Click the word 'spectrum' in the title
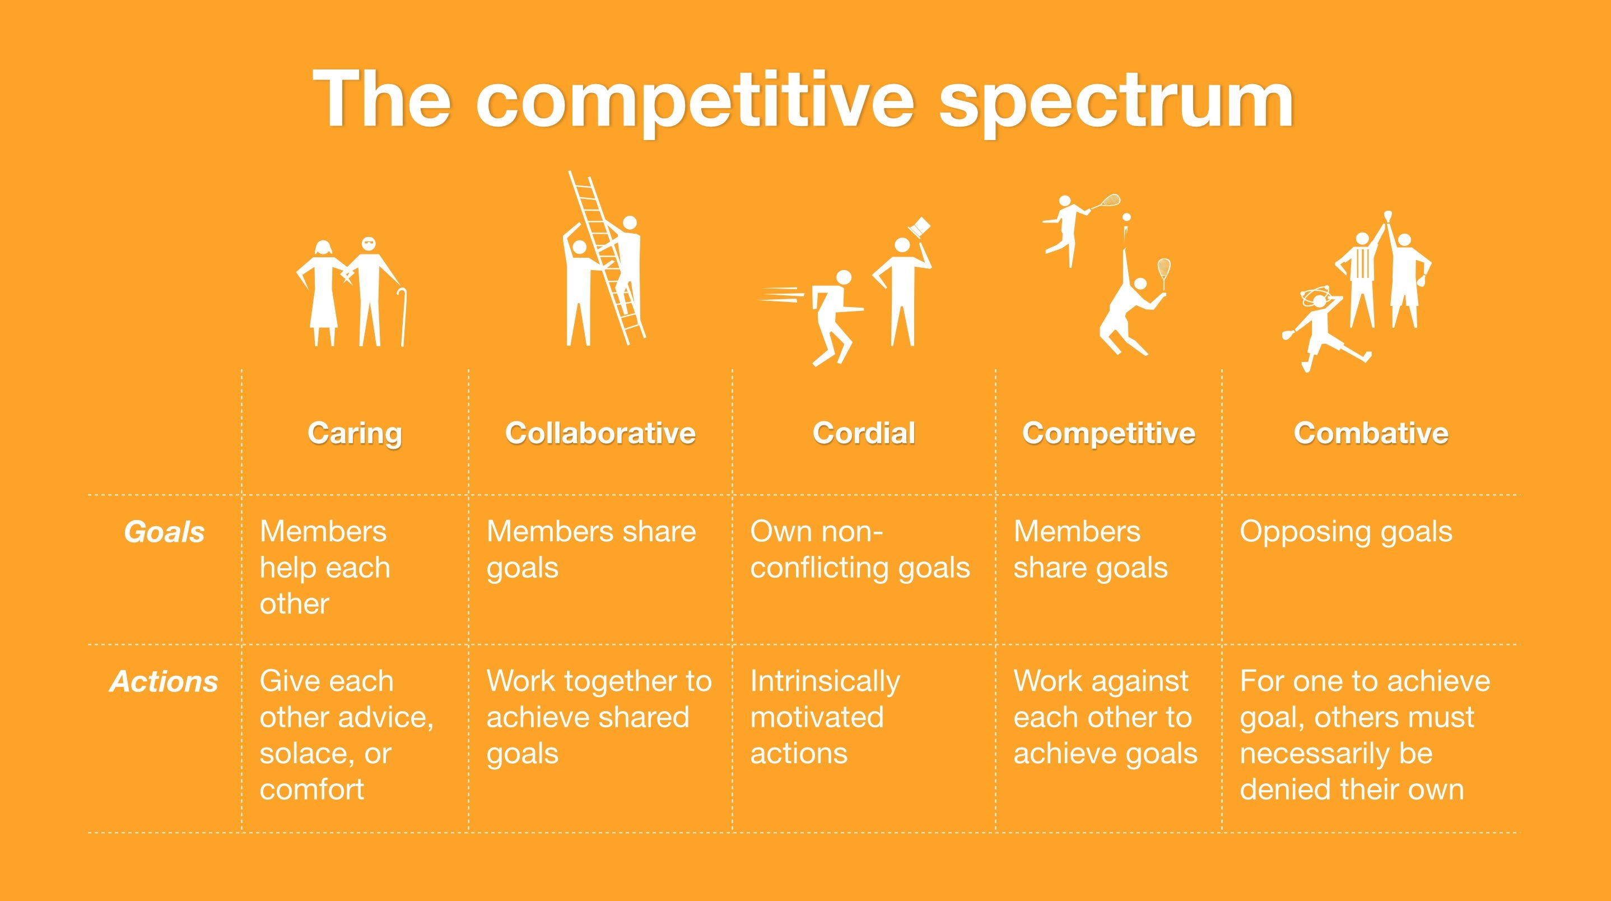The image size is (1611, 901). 1116,103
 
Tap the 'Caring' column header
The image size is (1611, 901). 355,434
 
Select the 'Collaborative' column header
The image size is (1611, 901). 600,433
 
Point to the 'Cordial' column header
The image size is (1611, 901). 864,433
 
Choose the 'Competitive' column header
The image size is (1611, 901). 1109,434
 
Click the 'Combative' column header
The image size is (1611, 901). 1371,433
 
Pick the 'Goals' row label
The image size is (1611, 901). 165,532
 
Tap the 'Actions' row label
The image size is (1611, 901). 164,681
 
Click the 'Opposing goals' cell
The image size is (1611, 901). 1346,532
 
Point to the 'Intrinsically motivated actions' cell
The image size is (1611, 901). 826,717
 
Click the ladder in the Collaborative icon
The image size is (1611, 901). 606,257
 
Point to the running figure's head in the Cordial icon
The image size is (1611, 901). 844,278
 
